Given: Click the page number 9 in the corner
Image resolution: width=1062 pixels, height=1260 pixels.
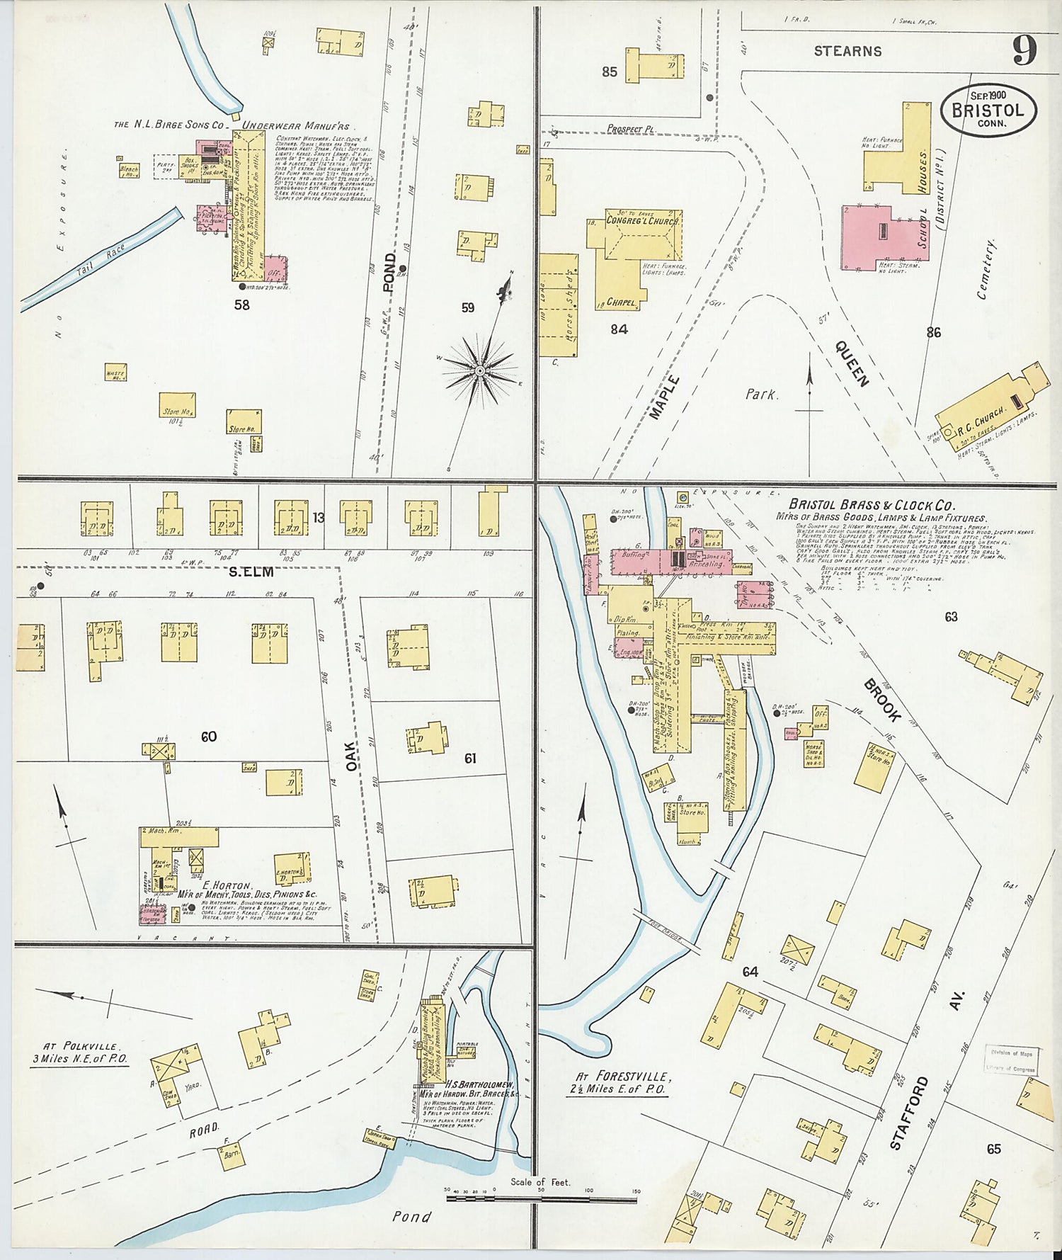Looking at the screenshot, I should pos(1024,50).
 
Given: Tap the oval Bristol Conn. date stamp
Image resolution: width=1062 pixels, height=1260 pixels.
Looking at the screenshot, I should pos(988,110).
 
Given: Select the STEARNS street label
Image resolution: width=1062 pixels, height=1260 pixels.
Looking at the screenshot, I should pos(847,51).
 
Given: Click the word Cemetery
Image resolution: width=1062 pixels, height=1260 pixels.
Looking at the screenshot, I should pos(986,269).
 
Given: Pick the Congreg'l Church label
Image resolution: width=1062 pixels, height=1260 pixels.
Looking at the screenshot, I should pos(642,221).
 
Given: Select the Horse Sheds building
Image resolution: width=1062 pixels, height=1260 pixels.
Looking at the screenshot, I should pos(559,305).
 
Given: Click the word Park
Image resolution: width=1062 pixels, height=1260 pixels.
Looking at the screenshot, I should pos(761,395).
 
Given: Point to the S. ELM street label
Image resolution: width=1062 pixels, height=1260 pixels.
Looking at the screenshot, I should pos(252,572).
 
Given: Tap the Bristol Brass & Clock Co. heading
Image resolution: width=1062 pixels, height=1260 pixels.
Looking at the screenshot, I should pos(872,506).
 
